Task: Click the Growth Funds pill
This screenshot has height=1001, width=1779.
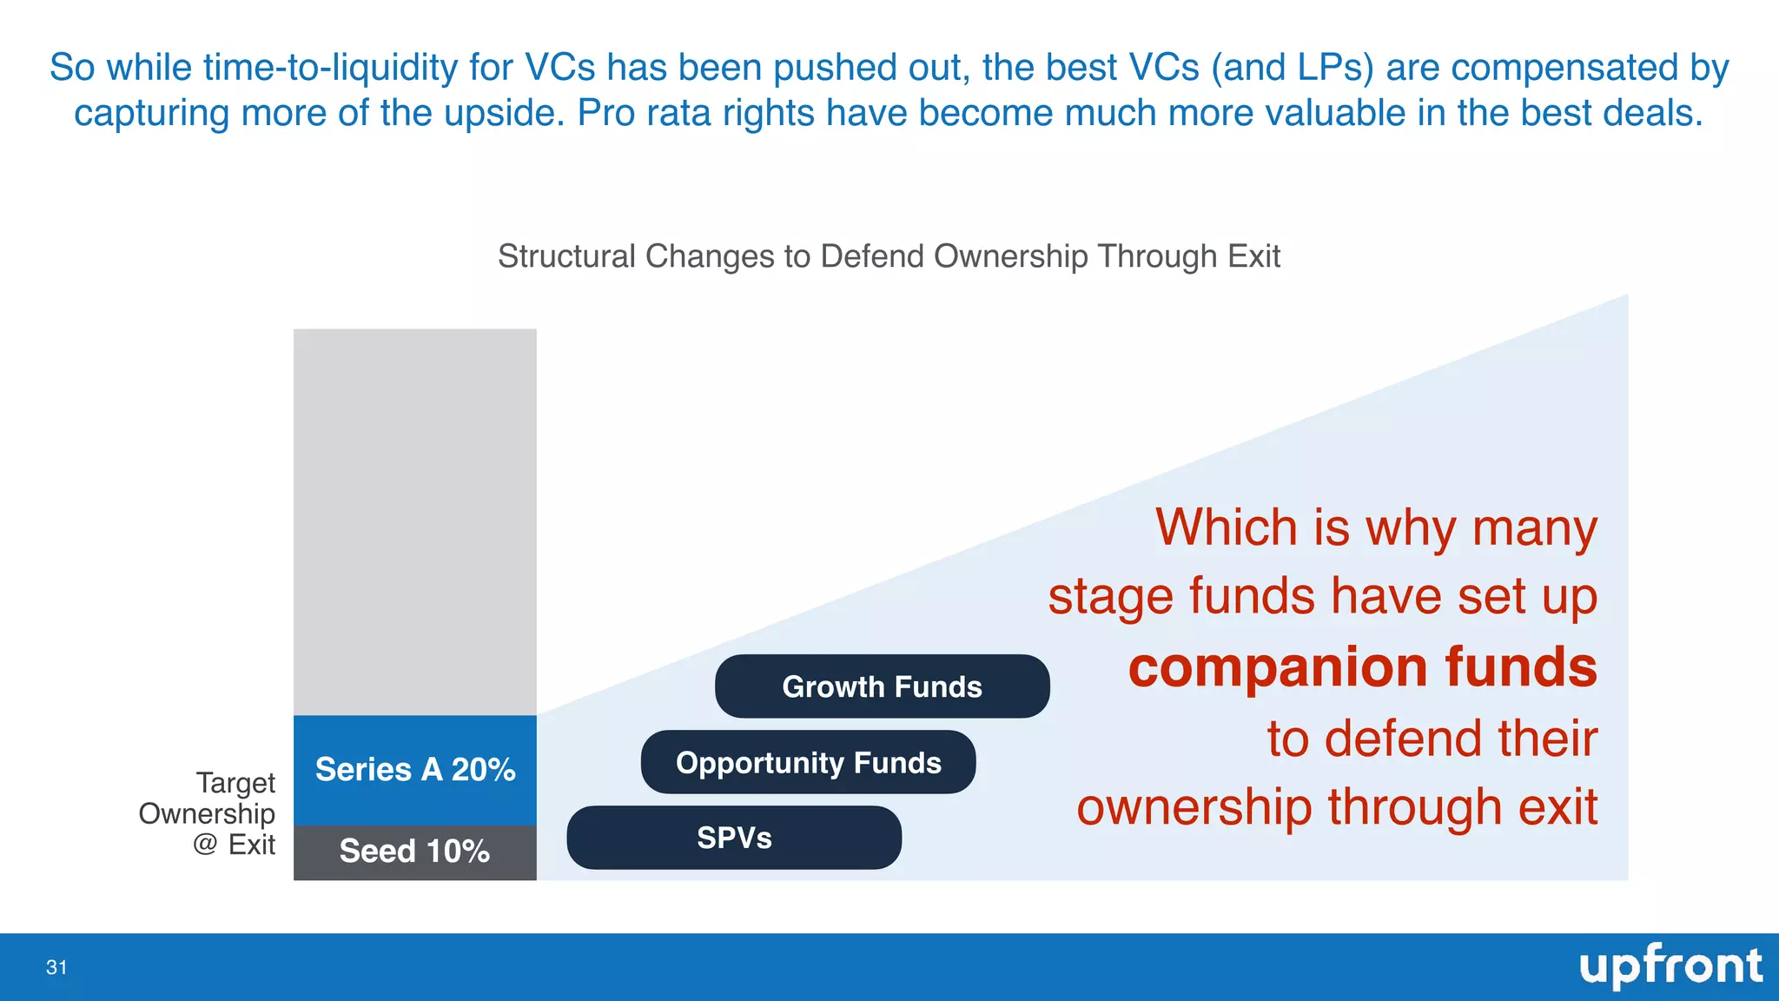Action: coord(882,686)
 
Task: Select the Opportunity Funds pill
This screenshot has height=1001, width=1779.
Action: coord(808,763)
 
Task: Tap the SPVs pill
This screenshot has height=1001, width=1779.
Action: coord(734,838)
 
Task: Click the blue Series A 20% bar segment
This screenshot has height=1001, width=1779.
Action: coord(414,770)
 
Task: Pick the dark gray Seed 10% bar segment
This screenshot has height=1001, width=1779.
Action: coord(414,852)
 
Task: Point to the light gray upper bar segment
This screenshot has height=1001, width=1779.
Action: coord(414,521)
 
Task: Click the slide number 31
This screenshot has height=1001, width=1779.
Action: coord(56,968)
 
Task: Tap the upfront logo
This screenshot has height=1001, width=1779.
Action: coord(1670,966)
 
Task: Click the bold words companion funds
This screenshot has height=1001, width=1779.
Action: coord(1362,667)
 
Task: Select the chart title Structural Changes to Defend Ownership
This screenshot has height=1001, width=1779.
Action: coord(889,256)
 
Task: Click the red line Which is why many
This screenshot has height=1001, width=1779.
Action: coord(1376,527)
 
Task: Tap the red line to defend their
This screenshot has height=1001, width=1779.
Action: coord(1432,739)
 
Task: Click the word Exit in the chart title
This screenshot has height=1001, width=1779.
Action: coord(1253,256)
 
